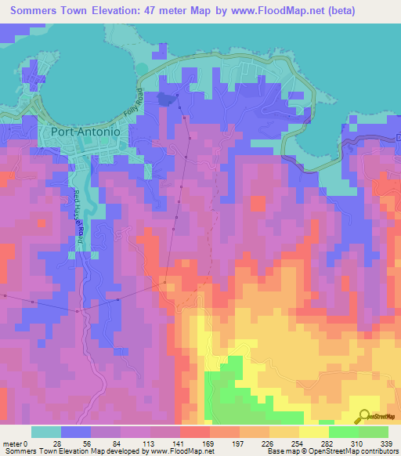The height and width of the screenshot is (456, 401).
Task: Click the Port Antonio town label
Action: [85, 132]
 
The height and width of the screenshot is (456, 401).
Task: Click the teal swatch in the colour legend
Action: [46, 432]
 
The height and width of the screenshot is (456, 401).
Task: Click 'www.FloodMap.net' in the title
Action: [262, 11]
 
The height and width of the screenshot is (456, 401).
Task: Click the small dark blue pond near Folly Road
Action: [164, 99]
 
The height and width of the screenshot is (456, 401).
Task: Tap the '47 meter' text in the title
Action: [166, 11]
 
